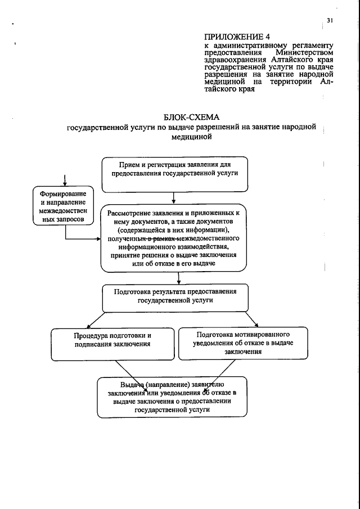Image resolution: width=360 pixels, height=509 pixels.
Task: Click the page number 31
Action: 330,20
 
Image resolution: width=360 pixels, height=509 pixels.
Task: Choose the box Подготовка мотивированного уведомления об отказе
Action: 244,343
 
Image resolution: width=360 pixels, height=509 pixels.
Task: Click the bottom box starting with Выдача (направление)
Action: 172,397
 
